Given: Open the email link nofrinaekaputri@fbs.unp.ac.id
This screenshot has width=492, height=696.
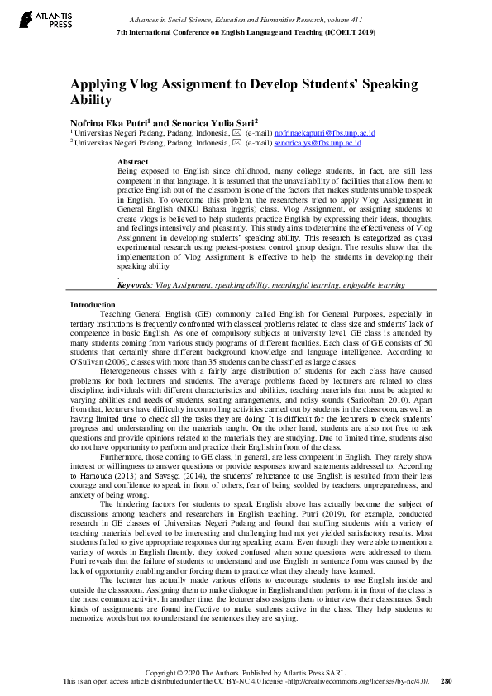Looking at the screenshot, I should click(325, 132).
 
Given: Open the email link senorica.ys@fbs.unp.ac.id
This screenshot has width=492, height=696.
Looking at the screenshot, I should click(318, 142).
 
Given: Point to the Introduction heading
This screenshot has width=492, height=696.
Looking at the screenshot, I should click(93, 305).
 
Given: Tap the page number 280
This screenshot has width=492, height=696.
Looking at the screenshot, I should click(447, 682).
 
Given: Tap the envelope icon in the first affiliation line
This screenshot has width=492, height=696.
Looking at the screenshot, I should click(237, 132).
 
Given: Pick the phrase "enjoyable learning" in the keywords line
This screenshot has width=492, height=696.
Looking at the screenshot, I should click(369, 284).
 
